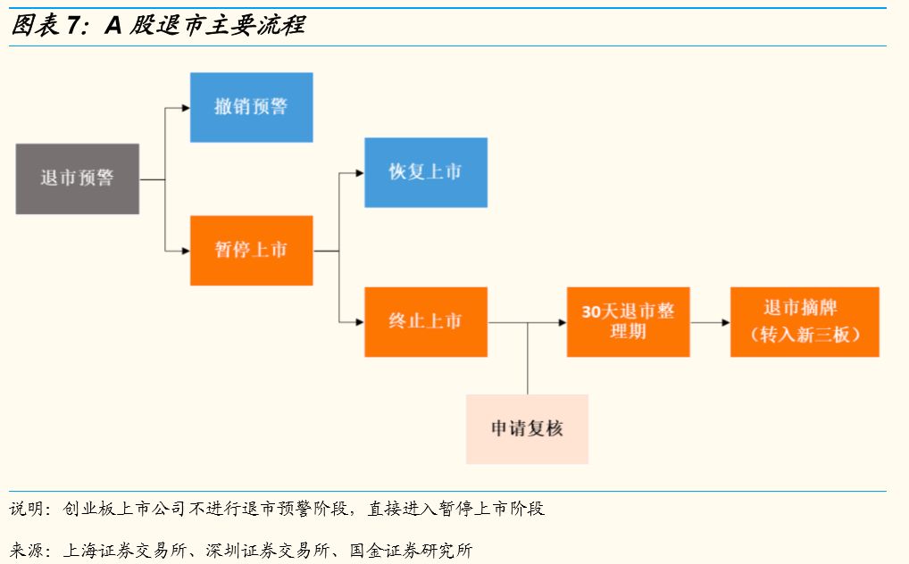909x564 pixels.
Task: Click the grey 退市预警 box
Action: (x=77, y=178)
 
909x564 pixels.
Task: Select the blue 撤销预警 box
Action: (x=251, y=107)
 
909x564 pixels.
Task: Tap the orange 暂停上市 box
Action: (x=251, y=250)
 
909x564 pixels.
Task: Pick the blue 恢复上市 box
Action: (x=425, y=172)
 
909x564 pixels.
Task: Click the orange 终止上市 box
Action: (x=425, y=321)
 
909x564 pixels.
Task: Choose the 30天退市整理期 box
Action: (x=628, y=321)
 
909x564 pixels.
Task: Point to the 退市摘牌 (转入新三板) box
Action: (x=804, y=321)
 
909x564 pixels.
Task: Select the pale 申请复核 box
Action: (x=527, y=428)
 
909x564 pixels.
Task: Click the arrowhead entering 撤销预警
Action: (x=185, y=108)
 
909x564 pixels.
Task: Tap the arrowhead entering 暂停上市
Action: (x=185, y=251)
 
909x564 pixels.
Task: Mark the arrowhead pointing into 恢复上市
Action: (x=359, y=173)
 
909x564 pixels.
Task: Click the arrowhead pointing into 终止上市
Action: (x=359, y=322)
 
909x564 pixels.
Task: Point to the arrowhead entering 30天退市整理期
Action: (x=562, y=322)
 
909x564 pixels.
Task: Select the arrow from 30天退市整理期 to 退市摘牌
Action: (x=709, y=322)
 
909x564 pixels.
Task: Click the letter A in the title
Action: (x=113, y=25)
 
